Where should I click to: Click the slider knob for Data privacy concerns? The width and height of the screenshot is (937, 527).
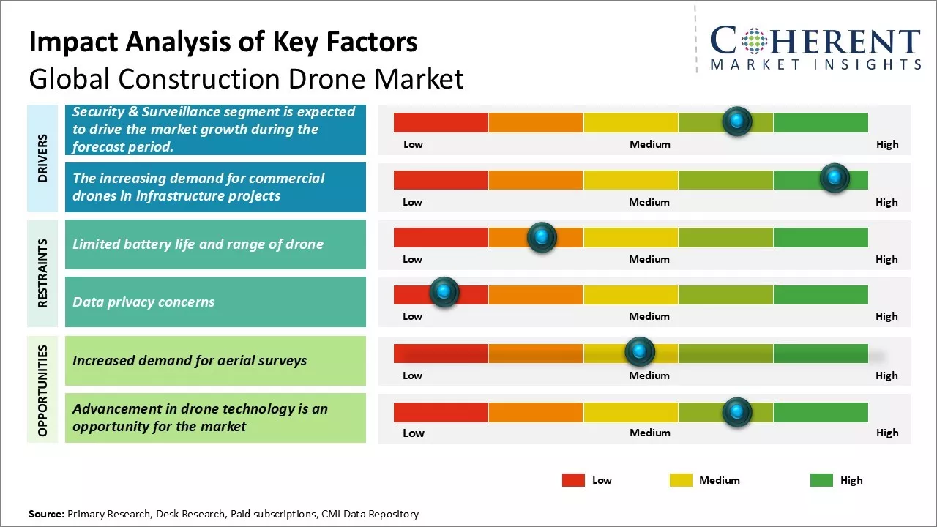[x=444, y=292]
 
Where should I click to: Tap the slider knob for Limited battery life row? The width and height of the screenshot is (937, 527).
[x=542, y=236]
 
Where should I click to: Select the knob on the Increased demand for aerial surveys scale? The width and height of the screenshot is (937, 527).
[x=640, y=352]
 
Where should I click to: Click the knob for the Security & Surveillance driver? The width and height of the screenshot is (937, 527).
[x=737, y=121]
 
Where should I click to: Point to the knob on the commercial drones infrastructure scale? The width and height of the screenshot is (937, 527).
[x=834, y=178]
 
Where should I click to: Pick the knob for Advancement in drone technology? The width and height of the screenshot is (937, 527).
[x=737, y=412]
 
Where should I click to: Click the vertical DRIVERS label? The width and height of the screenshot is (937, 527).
[x=42, y=158]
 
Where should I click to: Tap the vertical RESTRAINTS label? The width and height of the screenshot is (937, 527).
[x=42, y=273]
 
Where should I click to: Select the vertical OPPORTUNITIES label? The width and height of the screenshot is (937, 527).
[x=42, y=390]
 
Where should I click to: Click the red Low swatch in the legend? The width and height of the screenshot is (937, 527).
[x=573, y=480]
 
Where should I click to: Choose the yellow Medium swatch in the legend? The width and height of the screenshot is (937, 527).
[x=681, y=480]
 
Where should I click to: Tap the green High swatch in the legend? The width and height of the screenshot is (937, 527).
[x=821, y=480]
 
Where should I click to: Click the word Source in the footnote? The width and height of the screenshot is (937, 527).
[x=46, y=514]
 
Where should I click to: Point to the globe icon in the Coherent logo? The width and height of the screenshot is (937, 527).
[x=753, y=41]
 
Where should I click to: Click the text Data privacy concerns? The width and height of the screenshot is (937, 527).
[x=143, y=302]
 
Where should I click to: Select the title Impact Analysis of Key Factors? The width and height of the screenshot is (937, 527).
[x=223, y=42]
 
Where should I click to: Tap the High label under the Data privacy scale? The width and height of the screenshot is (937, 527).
[x=886, y=316]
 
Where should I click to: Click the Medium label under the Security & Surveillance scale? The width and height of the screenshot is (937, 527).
[x=650, y=144]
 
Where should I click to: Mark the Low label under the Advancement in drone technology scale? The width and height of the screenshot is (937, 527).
[x=413, y=433]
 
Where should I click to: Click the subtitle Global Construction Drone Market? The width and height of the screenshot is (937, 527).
[x=246, y=78]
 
